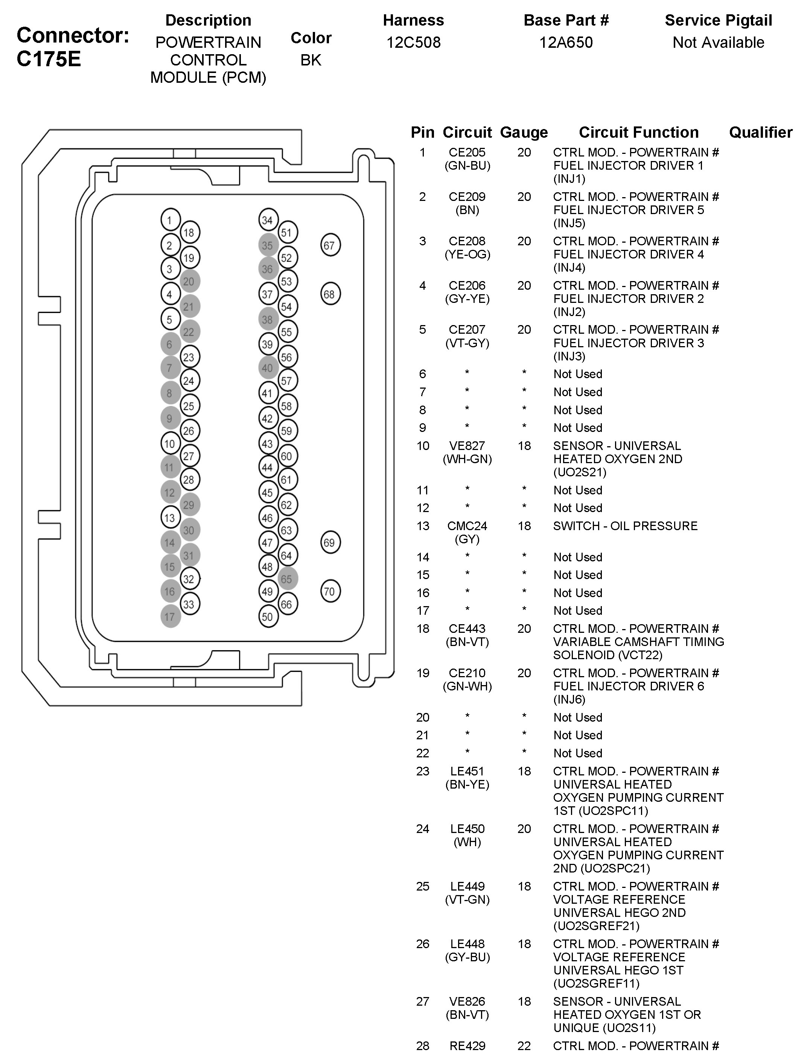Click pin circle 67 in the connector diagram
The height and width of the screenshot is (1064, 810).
tap(330, 245)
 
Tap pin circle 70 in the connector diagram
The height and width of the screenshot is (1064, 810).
tap(330, 591)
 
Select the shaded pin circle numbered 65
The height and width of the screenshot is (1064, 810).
tap(287, 579)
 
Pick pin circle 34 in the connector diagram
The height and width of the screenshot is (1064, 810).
tap(268, 220)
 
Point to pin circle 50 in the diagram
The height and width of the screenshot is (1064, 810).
tap(268, 617)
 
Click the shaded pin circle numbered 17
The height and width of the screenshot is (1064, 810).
tap(170, 617)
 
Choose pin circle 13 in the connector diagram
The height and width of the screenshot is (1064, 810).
tap(170, 518)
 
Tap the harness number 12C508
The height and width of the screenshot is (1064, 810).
tap(413, 43)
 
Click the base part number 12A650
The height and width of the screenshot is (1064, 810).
tap(566, 43)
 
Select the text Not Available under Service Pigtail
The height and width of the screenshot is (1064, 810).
tap(718, 43)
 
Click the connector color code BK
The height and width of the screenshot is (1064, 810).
tap(311, 60)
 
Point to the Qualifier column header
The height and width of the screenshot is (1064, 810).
tap(760, 132)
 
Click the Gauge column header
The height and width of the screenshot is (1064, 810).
tap(524, 132)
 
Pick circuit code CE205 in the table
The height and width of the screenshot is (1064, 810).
tap(467, 153)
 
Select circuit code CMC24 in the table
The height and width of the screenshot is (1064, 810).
tap(467, 526)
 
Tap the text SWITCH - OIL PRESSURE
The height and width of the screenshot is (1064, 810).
tap(625, 526)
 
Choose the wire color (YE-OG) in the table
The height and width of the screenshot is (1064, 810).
tap(467, 254)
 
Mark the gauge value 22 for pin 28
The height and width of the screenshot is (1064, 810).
tap(524, 1046)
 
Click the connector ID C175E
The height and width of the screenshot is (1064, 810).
tap(49, 59)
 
